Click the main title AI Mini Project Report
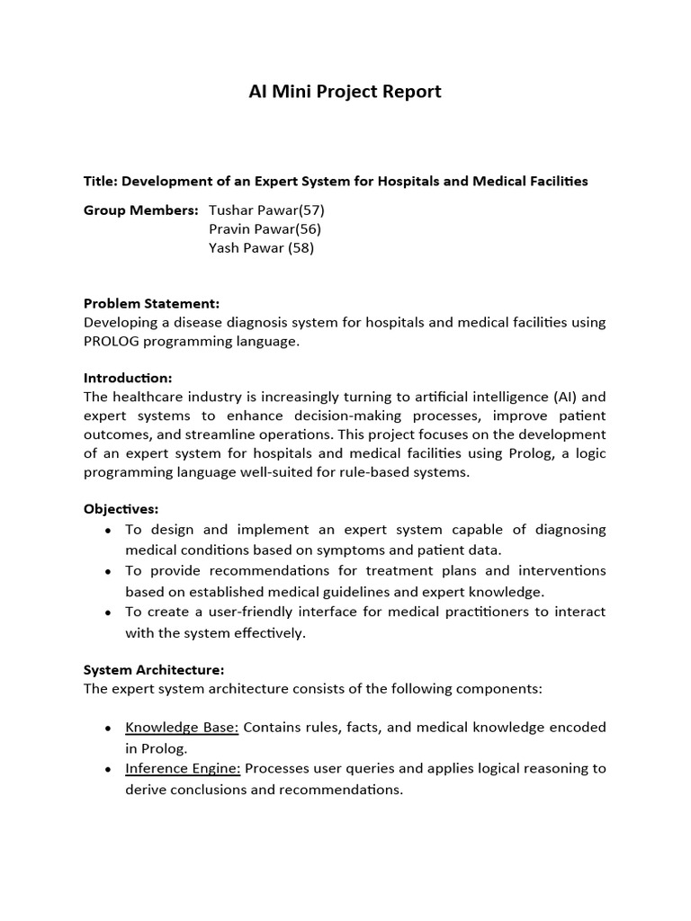point(345,92)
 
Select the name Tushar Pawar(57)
point(266,210)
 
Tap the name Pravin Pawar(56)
point(265,229)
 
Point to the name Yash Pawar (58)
point(261,248)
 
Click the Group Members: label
point(140,210)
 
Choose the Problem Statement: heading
point(151,303)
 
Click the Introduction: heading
point(127,378)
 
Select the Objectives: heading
point(121,509)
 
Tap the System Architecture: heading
point(154,670)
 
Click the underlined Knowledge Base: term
point(182,727)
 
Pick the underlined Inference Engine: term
point(184,768)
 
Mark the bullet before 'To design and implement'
point(108,531)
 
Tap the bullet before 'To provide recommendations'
point(108,572)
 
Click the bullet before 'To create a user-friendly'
point(108,613)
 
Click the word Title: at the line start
point(101,181)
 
